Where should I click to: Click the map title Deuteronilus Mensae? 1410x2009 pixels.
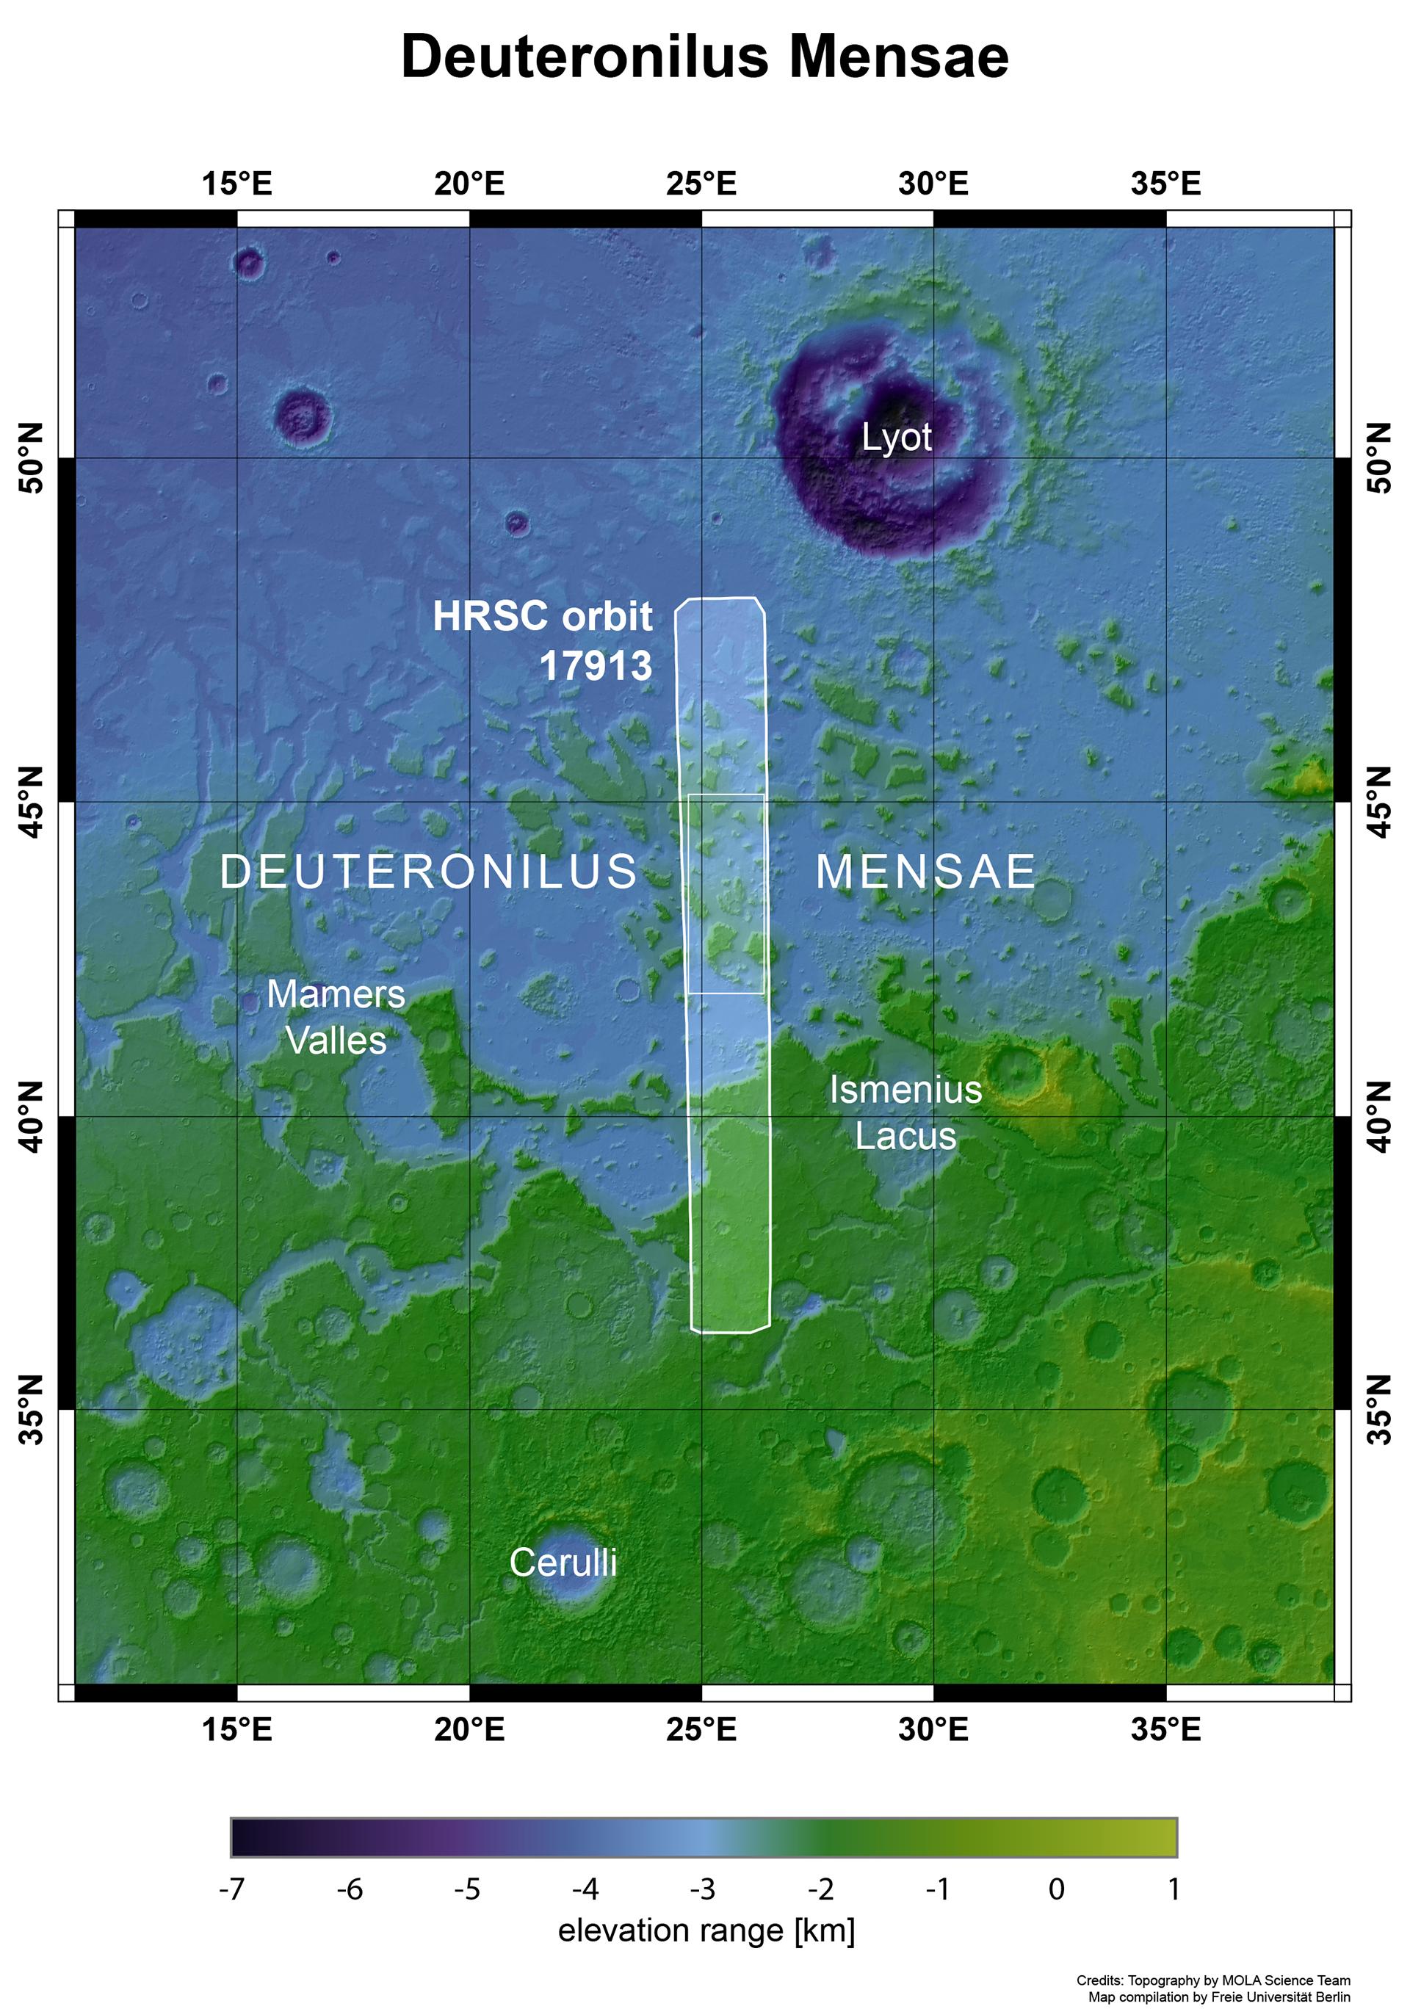tap(704, 58)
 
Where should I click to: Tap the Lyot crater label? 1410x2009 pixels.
tap(896, 438)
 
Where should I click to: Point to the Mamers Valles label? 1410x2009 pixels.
tap(336, 1018)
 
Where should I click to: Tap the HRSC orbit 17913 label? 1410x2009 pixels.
tap(543, 640)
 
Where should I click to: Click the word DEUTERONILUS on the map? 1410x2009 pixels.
tap(429, 872)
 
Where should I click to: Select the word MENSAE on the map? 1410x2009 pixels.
tap(926, 872)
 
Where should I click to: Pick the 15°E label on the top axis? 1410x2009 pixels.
tap(237, 184)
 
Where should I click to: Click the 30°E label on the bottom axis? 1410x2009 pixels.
tap(933, 1730)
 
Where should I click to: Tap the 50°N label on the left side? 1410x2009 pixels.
tap(32, 457)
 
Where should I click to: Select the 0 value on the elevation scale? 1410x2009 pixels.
tap(1057, 1889)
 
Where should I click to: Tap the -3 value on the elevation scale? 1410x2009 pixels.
tap(703, 1889)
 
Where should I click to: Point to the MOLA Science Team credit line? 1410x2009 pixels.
tap(1213, 1979)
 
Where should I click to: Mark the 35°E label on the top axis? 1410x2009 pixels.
tap(1165, 184)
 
